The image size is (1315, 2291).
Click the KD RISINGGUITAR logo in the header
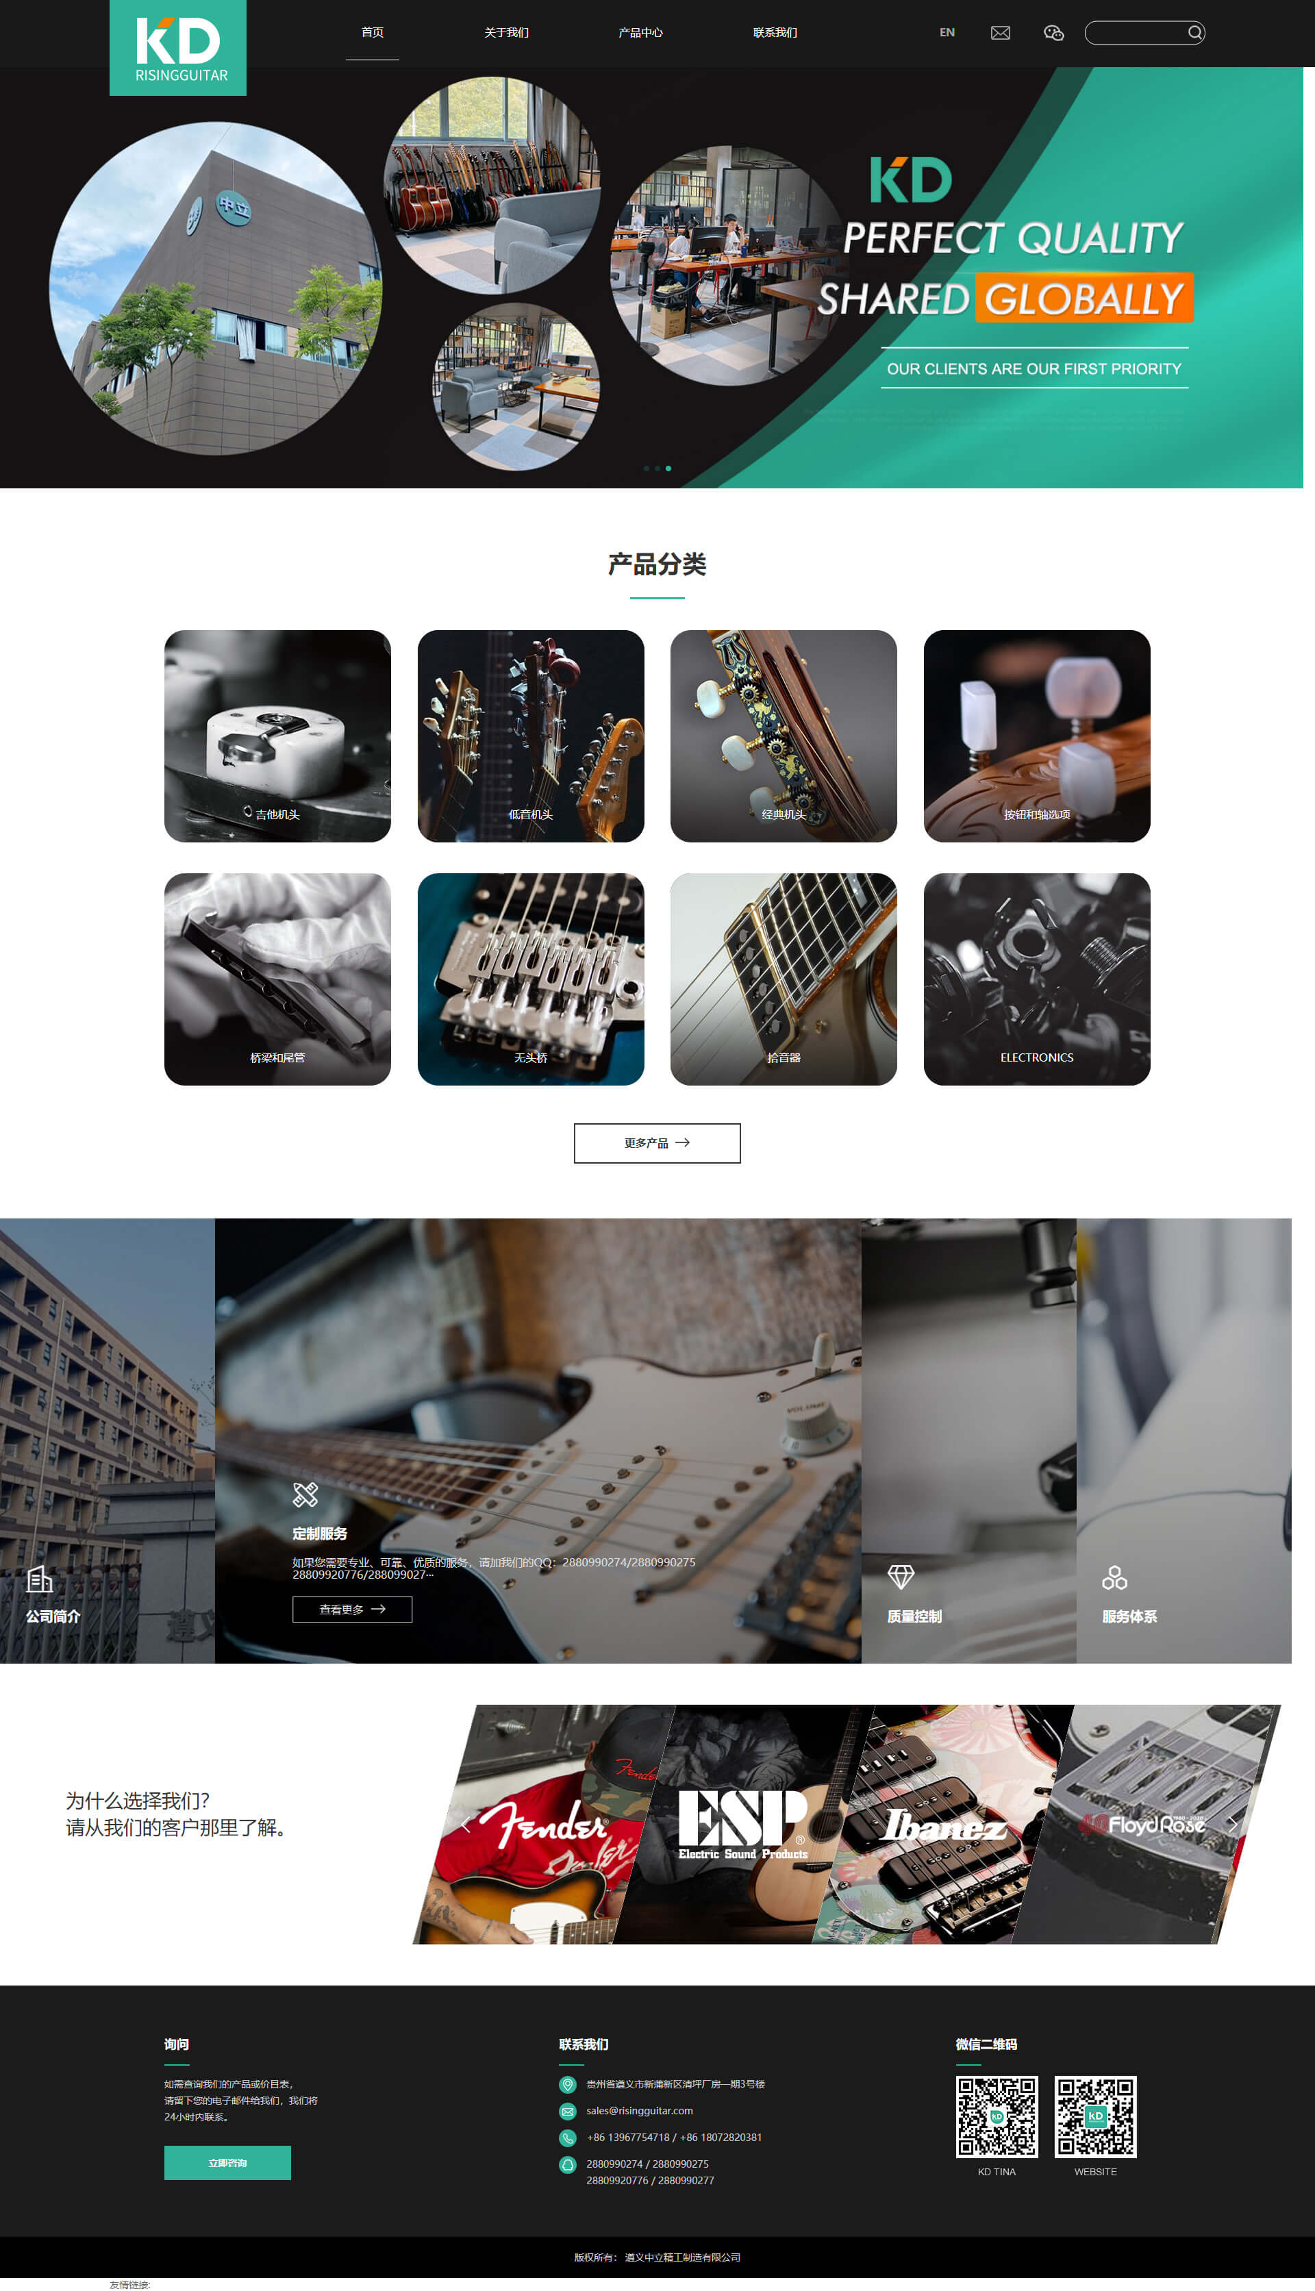pos(178,48)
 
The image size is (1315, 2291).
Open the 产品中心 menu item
pos(640,32)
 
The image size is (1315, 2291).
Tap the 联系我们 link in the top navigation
pos(775,32)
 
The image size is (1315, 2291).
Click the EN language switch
pos(947,32)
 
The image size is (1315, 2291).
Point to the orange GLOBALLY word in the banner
pos(1083,298)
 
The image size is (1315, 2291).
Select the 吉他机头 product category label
pos(277,814)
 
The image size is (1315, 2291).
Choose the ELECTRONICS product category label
pos(1036,1057)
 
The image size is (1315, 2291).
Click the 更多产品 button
pos(657,1142)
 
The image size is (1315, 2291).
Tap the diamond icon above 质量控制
pos(901,1577)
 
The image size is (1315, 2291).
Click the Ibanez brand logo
pos(944,1826)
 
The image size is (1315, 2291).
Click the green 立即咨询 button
pos(227,2163)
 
